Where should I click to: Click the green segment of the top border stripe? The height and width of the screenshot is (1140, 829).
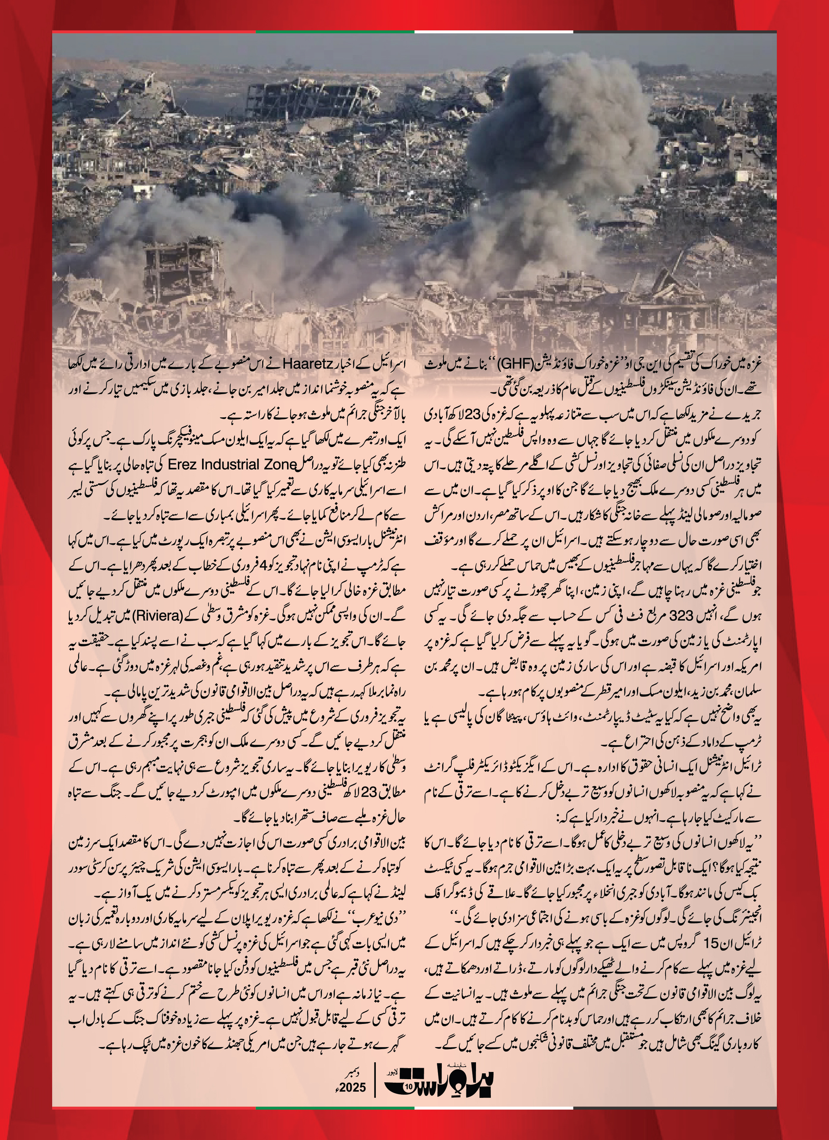pyautogui.click(x=335, y=32)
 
